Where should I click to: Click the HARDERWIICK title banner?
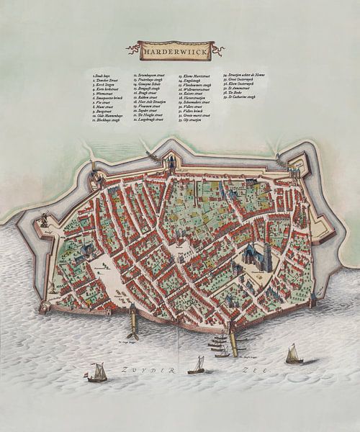[x=176, y=50]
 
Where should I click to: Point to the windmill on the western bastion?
[x=44, y=218]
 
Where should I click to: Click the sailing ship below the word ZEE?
[x=293, y=354]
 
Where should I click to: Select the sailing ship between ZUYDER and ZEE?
[x=196, y=365]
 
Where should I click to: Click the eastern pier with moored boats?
[x=231, y=337]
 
